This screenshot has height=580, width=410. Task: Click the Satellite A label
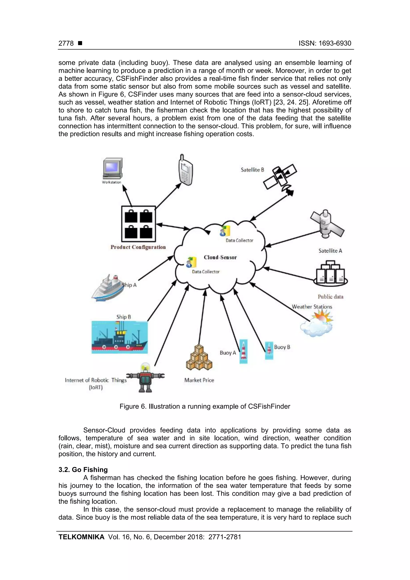coord(330,251)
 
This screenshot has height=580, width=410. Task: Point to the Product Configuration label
coord(138,247)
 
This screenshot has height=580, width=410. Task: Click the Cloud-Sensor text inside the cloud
coord(220,257)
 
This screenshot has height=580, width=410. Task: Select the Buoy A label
coord(228,353)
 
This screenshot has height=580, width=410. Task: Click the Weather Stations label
coord(312,307)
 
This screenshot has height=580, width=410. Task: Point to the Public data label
coord(331,297)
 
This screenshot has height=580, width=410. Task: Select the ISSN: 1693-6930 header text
coord(325,43)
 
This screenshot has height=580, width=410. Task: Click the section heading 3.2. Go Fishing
coord(83,470)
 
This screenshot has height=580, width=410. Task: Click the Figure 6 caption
coord(205,406)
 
